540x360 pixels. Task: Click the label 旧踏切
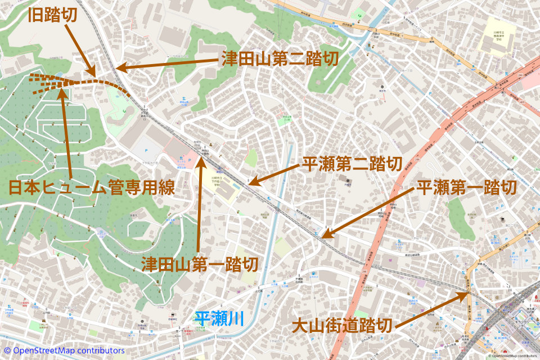tap(53, 15)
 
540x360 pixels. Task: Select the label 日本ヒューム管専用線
tap(91, 187)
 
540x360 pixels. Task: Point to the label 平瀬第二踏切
tap(352, 164)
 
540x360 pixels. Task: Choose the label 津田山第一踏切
tap(199, 264)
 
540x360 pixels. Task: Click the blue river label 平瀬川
tap(219, 319)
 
